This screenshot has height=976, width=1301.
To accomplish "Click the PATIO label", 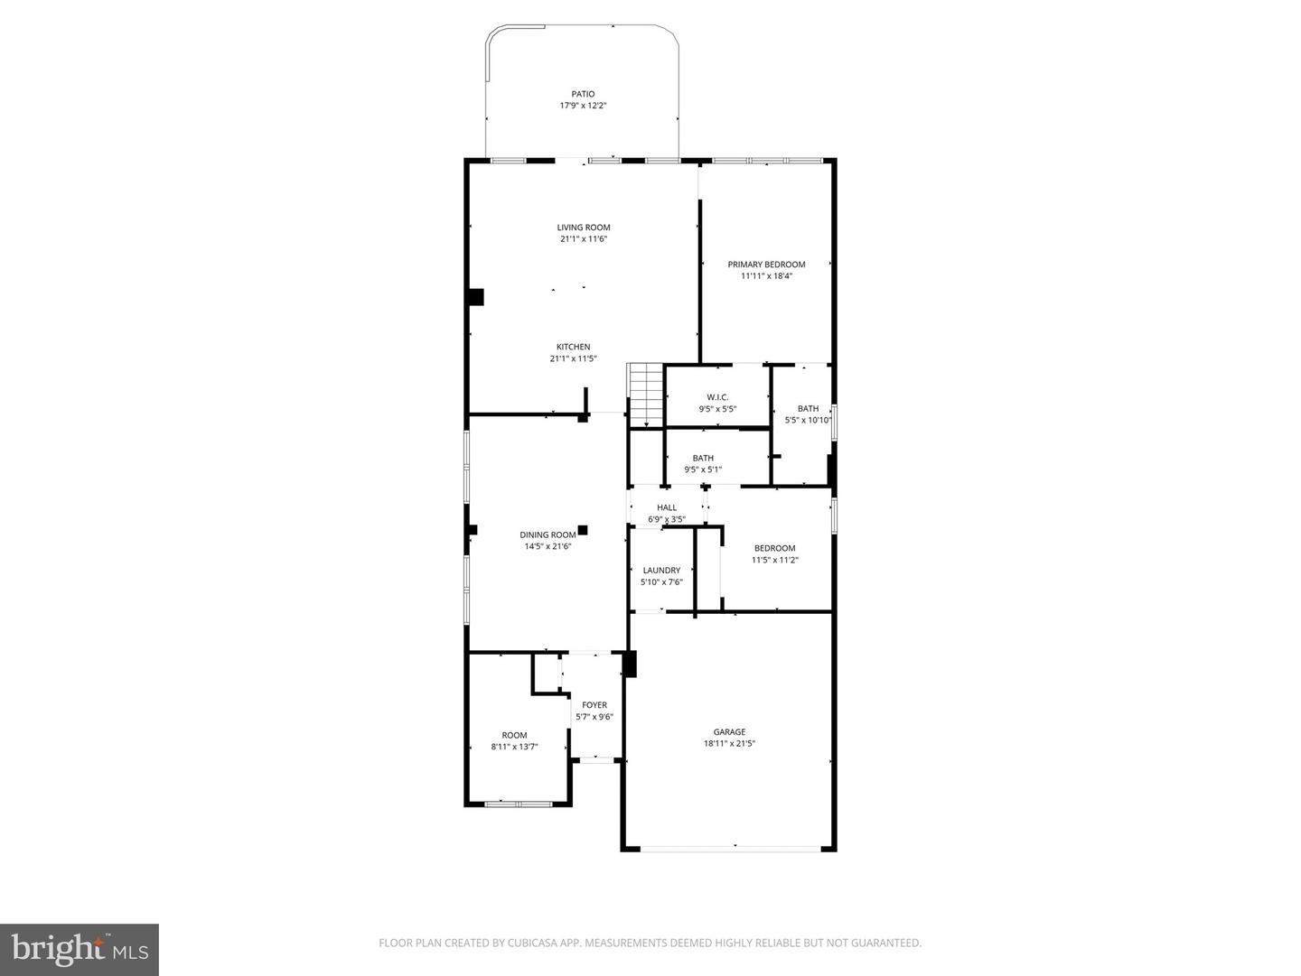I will point(583,94).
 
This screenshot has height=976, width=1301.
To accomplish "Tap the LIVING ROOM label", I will point(583,228).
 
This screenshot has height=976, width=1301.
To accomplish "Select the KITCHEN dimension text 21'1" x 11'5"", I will point(573,358).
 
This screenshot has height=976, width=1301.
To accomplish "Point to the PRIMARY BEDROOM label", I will point(766,265).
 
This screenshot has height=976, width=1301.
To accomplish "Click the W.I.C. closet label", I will point(717,397).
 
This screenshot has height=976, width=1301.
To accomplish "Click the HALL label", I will point(667,507).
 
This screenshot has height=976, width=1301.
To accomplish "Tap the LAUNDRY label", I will point(661,571).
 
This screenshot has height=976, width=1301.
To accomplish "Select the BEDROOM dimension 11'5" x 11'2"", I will point(774,560).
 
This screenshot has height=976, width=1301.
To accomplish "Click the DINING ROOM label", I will point(548,534).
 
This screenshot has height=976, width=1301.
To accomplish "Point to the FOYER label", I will point(594,705).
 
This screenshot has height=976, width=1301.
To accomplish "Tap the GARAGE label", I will point(729,732).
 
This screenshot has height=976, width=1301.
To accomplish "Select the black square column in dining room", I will point(583,530).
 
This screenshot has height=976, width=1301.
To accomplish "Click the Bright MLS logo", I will point(80,949).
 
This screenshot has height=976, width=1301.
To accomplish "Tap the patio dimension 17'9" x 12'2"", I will point(583,106).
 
